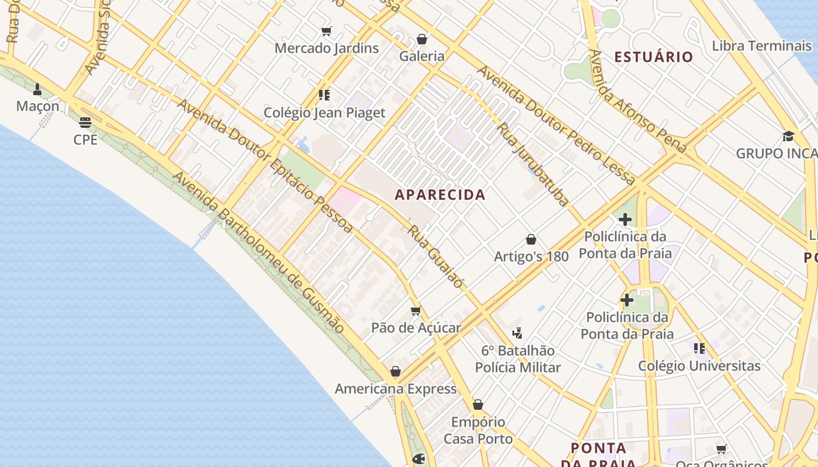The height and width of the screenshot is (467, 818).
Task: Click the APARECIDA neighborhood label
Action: tap(440, 194)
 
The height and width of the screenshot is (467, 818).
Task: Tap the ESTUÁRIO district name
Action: tap(654, 57)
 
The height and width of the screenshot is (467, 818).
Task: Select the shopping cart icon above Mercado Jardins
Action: tap(327, 31)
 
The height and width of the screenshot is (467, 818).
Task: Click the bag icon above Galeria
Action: tap(422, 39)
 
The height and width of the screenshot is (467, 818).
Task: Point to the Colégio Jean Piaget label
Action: tap(324, 113)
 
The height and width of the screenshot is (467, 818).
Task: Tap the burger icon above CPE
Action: tap(85, 123)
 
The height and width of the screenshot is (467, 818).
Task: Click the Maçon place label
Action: tap(38, 106)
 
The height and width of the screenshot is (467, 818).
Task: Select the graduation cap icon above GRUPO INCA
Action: tap(788, 137)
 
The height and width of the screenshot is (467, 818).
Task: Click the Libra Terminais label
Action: tap(762, 46)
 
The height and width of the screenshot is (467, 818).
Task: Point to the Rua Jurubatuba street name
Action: tap(532, 165)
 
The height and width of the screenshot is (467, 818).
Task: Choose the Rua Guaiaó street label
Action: tap(436, 257)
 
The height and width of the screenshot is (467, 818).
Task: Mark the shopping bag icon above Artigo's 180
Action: tap(531, 239)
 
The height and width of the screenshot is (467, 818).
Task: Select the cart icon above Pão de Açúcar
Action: tap(416, 311)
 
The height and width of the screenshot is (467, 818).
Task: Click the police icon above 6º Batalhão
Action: tap(517, 333)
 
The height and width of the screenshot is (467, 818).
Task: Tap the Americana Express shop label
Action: tap(396, 389)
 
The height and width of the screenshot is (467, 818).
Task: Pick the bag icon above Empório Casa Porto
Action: tap(478, 405)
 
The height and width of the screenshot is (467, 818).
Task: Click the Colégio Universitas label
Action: tap(699, 366)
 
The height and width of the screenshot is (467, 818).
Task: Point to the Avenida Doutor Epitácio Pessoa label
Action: tap(265, 166)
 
